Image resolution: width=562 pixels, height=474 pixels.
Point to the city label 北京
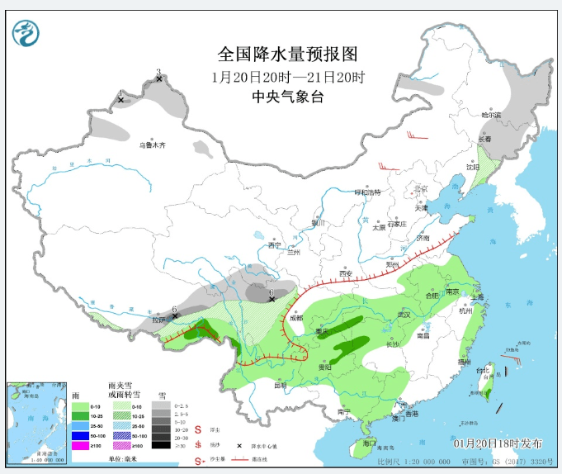point(422,188)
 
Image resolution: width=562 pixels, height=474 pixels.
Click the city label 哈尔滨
point(491,116)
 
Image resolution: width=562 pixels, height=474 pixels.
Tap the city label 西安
point(345,273)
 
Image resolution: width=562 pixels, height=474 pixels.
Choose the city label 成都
point(295,317)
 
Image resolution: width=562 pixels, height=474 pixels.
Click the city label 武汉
point(404,315)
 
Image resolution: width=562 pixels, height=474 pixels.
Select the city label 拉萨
point(159,320)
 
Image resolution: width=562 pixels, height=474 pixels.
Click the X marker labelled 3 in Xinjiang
point(158,80)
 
